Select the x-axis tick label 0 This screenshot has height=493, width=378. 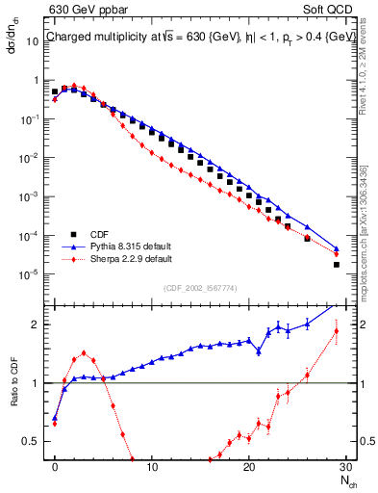click(x=55, y=468)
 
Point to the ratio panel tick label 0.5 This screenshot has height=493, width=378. click(x=35, y=442)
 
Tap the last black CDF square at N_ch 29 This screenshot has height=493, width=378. click(x=336, y=265)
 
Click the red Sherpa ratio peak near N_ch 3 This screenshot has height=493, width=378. click(x=84, y=352)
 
